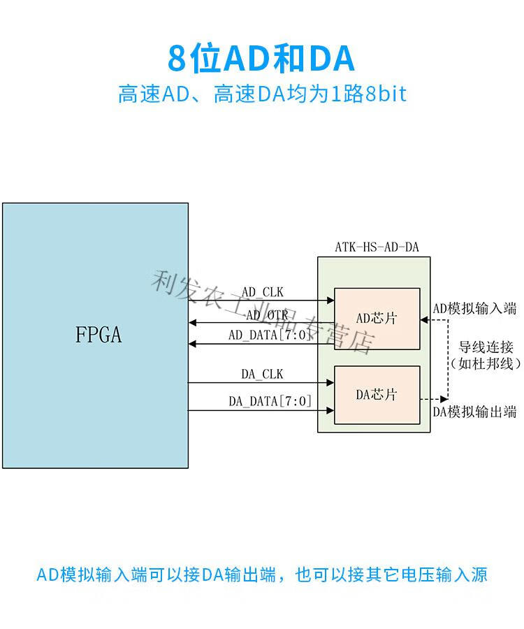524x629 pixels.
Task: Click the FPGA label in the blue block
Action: click(x=99, y=334)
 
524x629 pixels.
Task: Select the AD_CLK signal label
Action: click(x=263, y=291)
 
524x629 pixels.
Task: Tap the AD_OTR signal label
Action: click(x=267, y=315)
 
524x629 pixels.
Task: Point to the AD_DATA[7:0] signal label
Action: click(x=270, y=335)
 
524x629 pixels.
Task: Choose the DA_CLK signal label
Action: click(x=262, y=374)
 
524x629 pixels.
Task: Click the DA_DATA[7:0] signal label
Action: click(x=270, y=400)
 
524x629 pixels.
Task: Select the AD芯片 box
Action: click(x=377, y=319)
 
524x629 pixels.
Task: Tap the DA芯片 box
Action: click(x=377, y=395)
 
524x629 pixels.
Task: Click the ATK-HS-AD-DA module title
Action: click(x=377, y=247)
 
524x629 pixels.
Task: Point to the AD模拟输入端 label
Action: click(x=474, y=308)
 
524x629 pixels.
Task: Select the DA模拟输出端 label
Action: click(x=474, y=412)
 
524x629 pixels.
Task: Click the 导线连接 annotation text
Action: click(x=486, y=347)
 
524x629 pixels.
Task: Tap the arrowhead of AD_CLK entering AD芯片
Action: click(x=330, y=300)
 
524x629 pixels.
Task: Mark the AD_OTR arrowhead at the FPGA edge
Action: click(x=192, y=322)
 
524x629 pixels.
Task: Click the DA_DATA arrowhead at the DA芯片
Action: click(x=330, y=410)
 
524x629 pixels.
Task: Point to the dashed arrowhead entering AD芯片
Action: click(x=424, y=319)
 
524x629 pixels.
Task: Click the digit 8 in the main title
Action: click(x=177, y=59)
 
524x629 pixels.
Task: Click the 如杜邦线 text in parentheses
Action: click(x=486, y=363)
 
